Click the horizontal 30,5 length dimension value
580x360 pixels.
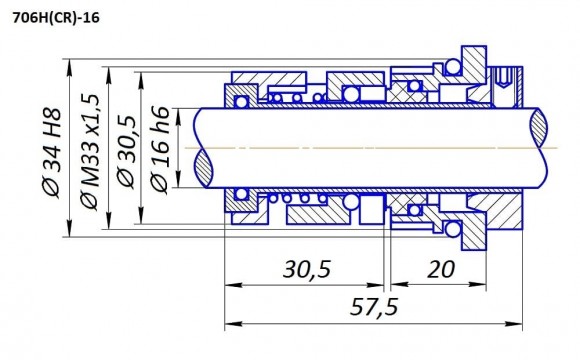tap(307, 268)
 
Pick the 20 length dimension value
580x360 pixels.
tap(440, 268)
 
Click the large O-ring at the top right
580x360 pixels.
tap(453, 66)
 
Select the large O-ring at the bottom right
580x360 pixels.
tap(453, 229)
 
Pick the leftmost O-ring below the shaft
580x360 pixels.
tap(240, 194)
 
